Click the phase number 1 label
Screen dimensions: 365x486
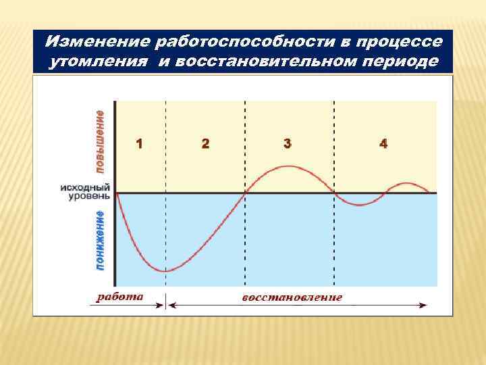tap(138, 143)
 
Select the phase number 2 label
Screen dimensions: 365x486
tap(205, 143)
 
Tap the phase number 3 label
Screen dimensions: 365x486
tap(288, 143)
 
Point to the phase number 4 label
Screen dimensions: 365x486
tap(383, 143)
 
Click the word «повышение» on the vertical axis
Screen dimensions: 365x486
tap(100, 139)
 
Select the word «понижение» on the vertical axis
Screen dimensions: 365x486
tap(100, 241)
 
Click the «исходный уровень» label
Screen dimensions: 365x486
tap(85, 191)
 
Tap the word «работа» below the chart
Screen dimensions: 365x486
tap(119, 296)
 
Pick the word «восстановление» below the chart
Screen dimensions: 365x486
tap(292, 297)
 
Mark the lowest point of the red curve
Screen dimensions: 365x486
tap(166, 271)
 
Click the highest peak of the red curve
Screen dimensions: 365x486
tap(289, 166)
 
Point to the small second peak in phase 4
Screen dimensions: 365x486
tap(406, 183)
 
